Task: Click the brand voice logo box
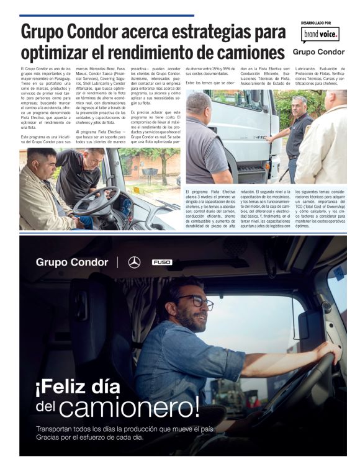(x=320, y=35)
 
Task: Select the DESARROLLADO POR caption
(x=316, y=23)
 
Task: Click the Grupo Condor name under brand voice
(x=318, y=52)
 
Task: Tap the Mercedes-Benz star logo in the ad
(x=134, y=262)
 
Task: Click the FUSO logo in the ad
(x=162, y=262)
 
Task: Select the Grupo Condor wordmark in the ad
(x=72, y=262)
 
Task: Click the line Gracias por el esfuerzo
(x=90, y=437)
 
